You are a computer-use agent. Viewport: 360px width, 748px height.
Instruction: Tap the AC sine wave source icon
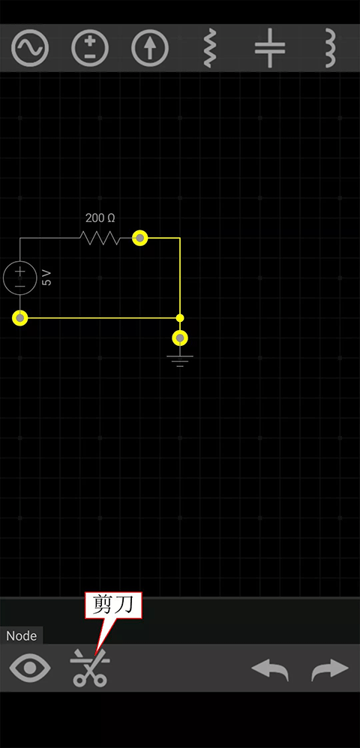point(30,48)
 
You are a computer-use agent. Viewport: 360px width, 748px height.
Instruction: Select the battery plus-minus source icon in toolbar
point(90,48)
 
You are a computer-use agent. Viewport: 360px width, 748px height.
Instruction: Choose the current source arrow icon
point(150,48)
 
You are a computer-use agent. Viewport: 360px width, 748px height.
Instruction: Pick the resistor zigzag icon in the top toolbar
point(210,48)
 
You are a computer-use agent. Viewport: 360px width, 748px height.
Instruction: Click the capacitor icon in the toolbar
point(270,48)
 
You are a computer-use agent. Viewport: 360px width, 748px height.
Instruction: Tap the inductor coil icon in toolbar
point(330,48)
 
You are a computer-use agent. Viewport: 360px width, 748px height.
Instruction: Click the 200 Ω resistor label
point(100,218)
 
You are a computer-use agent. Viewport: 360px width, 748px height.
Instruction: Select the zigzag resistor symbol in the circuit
point(100,238)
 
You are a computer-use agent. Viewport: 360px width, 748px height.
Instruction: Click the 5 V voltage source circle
point(20,278)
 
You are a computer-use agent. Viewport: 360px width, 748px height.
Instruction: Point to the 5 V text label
point(46,278)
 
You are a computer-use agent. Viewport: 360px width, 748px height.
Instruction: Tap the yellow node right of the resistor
point(139,238)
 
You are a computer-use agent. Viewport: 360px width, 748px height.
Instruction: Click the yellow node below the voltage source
point(20,317)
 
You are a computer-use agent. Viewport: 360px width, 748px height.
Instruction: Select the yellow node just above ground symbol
point(180,338)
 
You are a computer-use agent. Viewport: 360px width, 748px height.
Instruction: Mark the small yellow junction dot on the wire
point(180,317)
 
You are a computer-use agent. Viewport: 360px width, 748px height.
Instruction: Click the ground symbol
point(180,361)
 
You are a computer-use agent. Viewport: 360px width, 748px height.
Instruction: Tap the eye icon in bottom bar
point(30,668)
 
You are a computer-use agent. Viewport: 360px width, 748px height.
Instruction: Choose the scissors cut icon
point(90,668)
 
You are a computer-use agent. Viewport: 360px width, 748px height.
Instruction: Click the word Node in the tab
point(22,636)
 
